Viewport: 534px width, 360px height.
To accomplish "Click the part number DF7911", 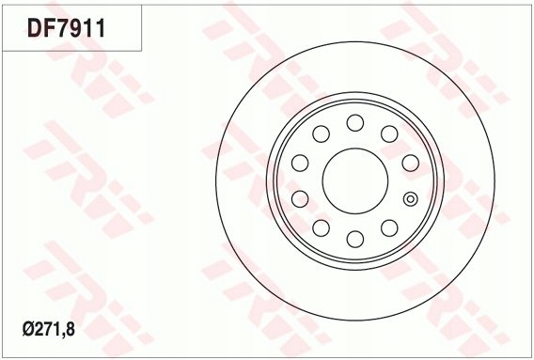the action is pyautogui.click(x=67, y=27).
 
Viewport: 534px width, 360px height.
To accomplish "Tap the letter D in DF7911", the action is pyautogui.click(x=35, y=27).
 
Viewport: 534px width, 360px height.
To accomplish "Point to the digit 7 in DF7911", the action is pyautogui.click(x=65, y=27).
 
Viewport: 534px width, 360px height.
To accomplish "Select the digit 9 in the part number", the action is pyautogui.click(x=80, y=27).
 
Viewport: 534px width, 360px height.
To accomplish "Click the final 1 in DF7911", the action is pyautogui.click(x=101, y=27).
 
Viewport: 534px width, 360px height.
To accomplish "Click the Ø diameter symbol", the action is pyautogui.click(x=28, y=329).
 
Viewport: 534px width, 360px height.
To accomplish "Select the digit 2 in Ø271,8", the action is pyautogui.click(x=39, y=329).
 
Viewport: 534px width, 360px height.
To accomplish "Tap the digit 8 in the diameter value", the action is pyautogui.click(x=70, y=329).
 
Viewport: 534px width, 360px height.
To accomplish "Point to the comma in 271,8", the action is pyautogui.click(x=62, y=336).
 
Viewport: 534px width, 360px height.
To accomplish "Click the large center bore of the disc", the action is pyautogui.click(x=355, y=180).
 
